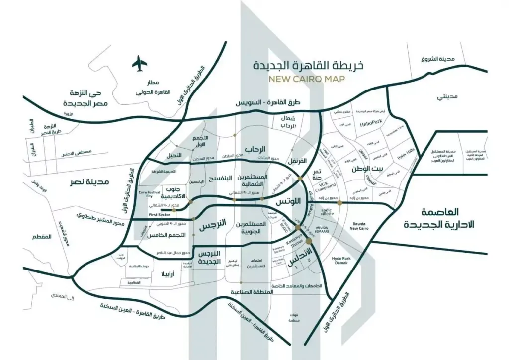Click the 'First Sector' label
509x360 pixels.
click(x=160, y=214)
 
